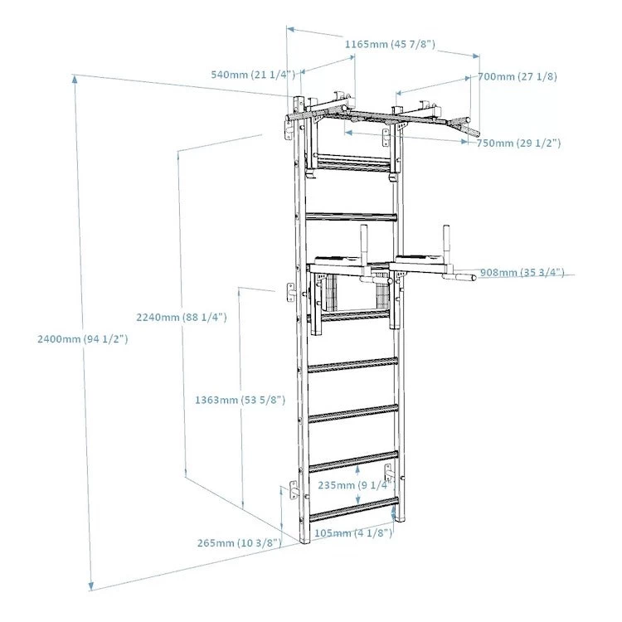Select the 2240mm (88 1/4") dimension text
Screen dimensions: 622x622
click(x=180, y=317)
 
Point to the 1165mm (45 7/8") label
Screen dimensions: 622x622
click(x=391, y=43)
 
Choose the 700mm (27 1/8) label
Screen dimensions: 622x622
click(x=517, y=76)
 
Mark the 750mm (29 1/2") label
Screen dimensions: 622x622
click(x=518, y=143)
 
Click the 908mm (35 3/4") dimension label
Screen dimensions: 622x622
click(x=522, y=272)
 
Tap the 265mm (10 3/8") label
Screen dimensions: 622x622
click(x=239, y=543)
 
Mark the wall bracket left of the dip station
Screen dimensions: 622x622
click(x=291, y=292)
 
